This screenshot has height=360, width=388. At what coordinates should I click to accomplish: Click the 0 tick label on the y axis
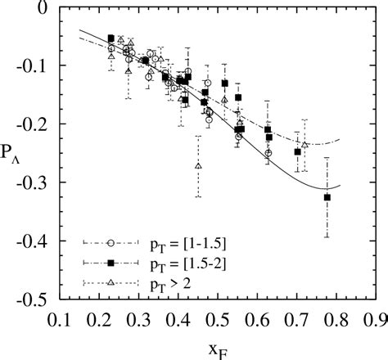(x=40, y=8)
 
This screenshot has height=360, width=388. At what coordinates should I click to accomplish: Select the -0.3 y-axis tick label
(x=32, y=184)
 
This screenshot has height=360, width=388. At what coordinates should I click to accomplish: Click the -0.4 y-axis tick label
(x=32, y=243)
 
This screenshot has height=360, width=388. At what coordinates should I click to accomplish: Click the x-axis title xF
(x=217, y=346)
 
